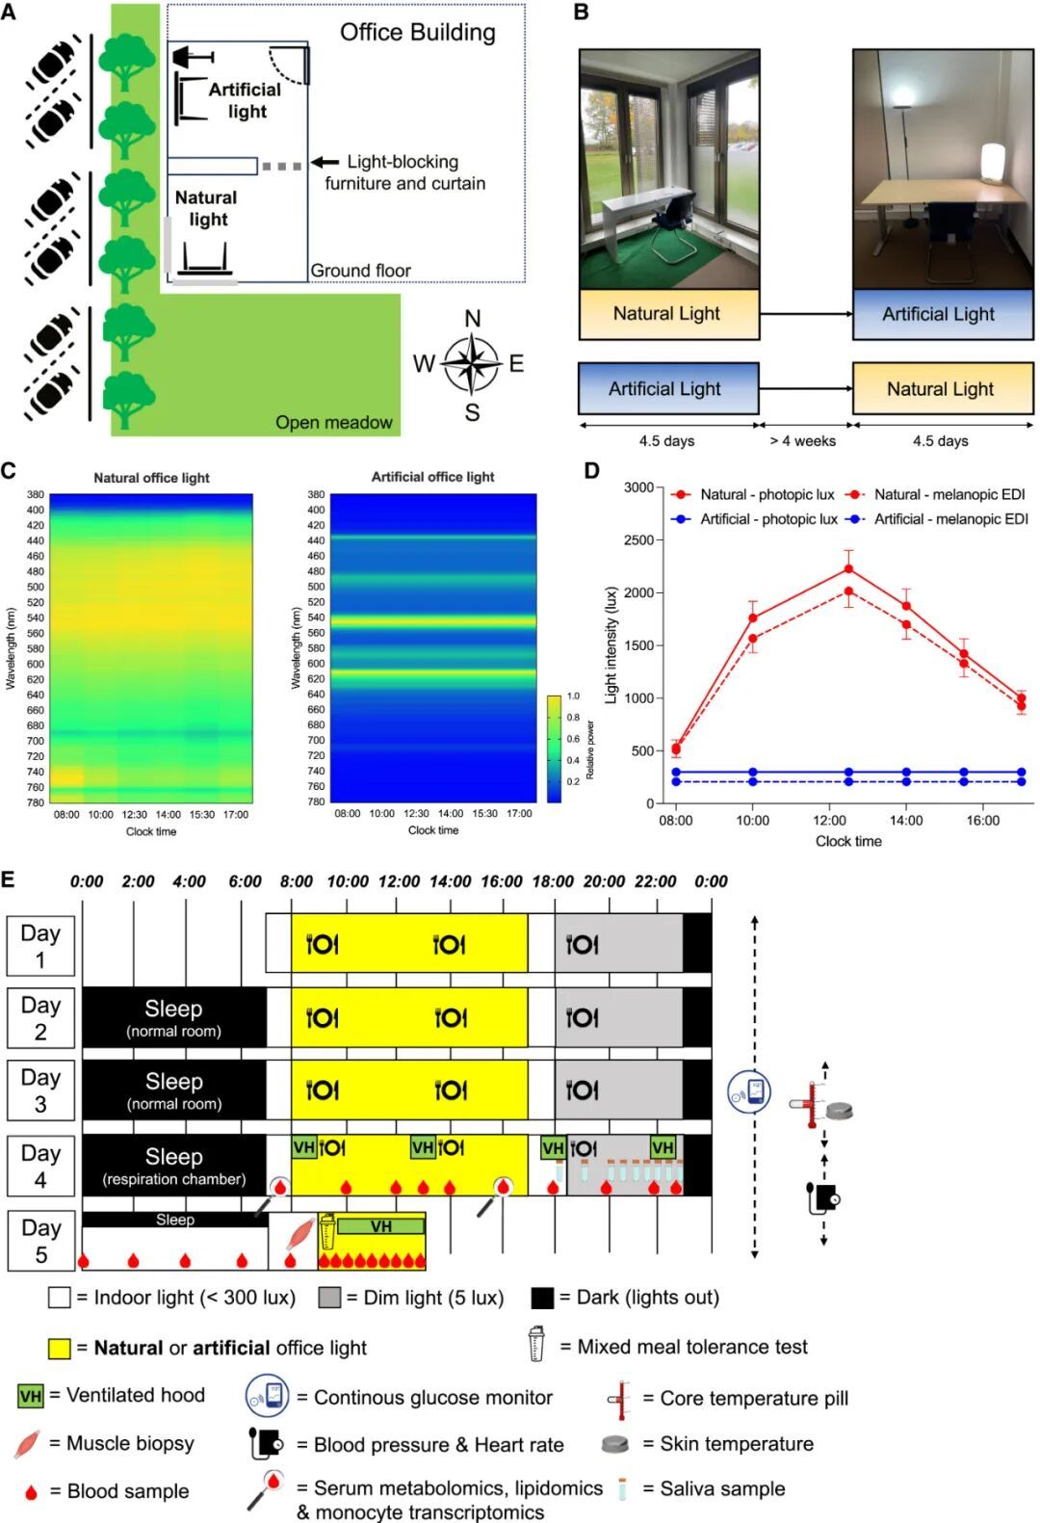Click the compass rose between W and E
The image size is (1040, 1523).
[471, 364]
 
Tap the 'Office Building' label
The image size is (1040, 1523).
[417, 33]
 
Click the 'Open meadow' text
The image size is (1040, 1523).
[333, 422]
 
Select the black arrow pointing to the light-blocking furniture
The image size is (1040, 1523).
[325, 163]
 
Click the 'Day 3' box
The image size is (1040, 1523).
[40, 1090]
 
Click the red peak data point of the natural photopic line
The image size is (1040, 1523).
[848, 569]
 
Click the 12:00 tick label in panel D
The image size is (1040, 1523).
[829, 821]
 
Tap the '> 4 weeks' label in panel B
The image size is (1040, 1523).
[803, 441]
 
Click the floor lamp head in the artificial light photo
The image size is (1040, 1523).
[904, 94]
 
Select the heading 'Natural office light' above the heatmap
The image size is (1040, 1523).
[151, 478]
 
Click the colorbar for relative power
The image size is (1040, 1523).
[554, 748]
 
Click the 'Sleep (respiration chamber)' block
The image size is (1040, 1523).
[174, 1166]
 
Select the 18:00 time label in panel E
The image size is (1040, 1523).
[553, 881]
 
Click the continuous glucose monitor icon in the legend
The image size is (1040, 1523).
[268, 1396]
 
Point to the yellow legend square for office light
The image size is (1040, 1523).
[60, 1348]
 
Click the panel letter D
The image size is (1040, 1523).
[591, 471]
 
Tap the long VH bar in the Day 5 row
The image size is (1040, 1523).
[381, 1226]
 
